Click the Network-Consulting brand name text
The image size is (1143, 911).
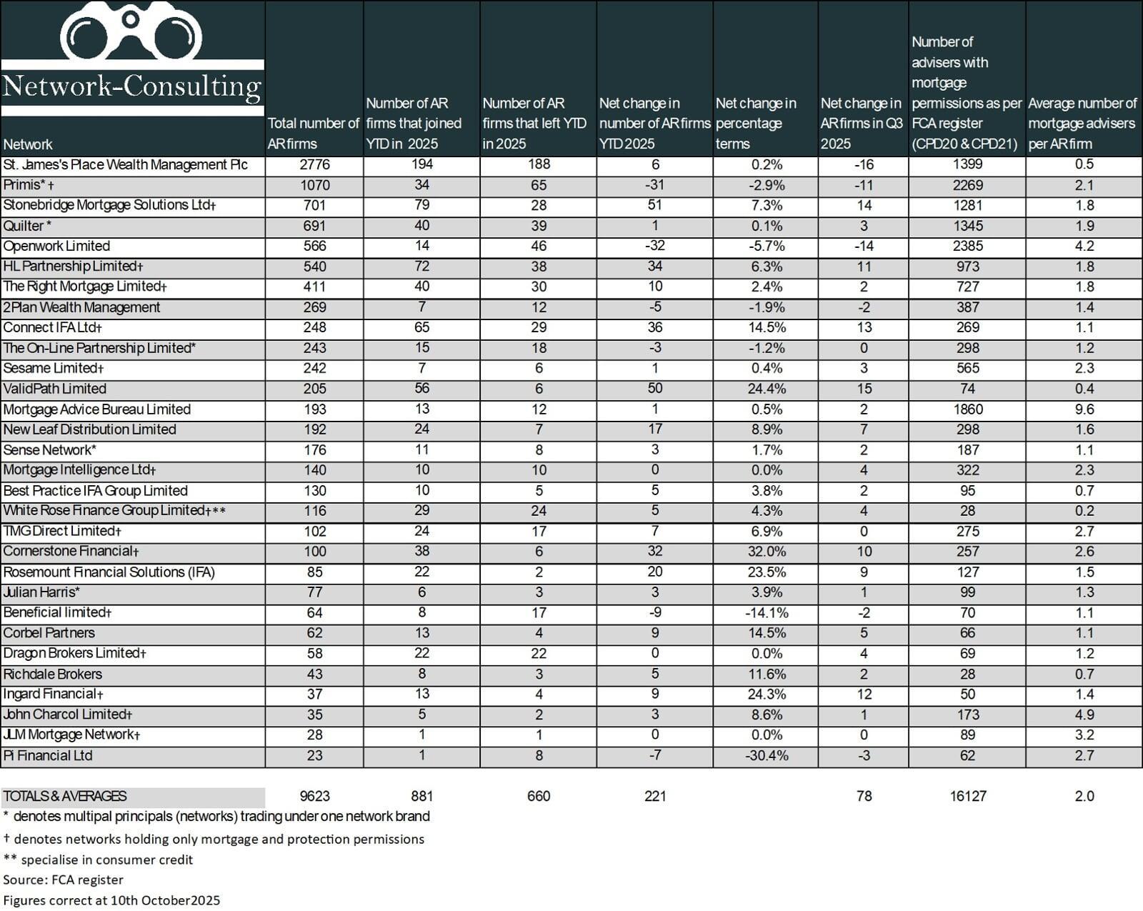click(x=132, y=86)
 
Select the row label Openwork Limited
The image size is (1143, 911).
click(x=57, y=246)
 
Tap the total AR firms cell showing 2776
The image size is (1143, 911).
click(x=314, y=164)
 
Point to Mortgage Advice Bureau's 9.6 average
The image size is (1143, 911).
click(x=1084, y=409)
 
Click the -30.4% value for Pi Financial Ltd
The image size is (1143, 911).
click(x=767, y=756)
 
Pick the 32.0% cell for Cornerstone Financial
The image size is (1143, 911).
click(x=767, y=552)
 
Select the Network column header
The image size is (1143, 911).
click(x=28, y=144)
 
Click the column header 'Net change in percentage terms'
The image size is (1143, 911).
click(x=756, y=123)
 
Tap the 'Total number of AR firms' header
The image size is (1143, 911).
click(x=313, y=133)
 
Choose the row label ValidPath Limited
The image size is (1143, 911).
click(x=55, y=389)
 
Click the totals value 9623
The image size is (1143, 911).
click(x=314, y=796)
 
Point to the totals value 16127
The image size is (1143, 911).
click(x=968, y=796)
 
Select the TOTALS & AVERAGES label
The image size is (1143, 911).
click(x=65, y=796)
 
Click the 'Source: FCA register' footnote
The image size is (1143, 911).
click(x=64, y=880)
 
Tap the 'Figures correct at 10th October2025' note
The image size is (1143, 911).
click(x=111, y=900)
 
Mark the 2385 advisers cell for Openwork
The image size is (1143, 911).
click(x=967, y=246)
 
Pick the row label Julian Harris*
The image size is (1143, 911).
click(x=41, y=592)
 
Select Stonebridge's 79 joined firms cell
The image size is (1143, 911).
click(x=421, y=205)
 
